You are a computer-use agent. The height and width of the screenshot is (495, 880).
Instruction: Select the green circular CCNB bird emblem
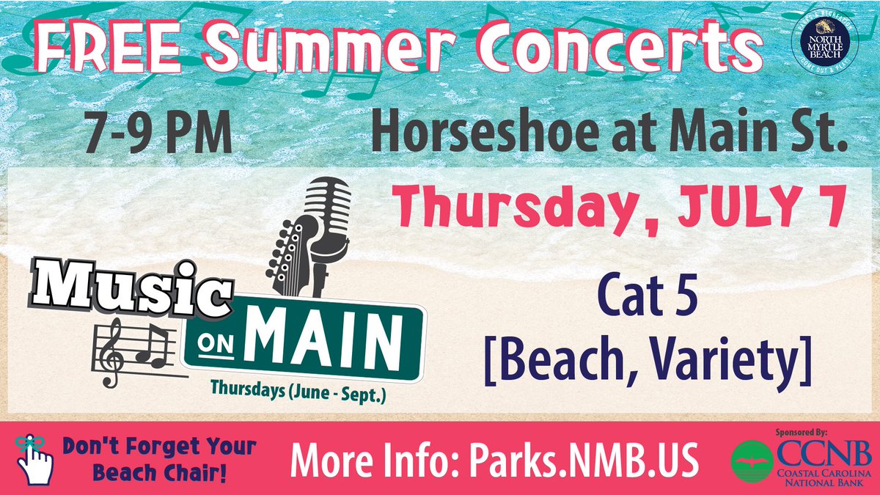(x=752, y=458)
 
